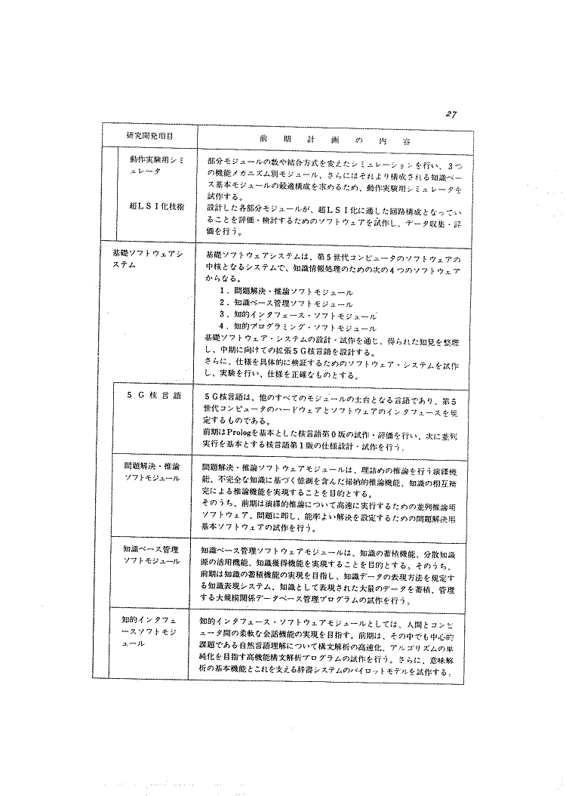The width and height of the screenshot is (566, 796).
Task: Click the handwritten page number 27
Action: click(451, 113)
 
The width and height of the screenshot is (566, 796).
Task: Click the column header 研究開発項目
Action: click(149, 136)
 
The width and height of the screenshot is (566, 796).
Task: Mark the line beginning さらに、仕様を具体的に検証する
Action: click(332, 365)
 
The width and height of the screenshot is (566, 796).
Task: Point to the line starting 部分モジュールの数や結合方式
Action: click(332, 163)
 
